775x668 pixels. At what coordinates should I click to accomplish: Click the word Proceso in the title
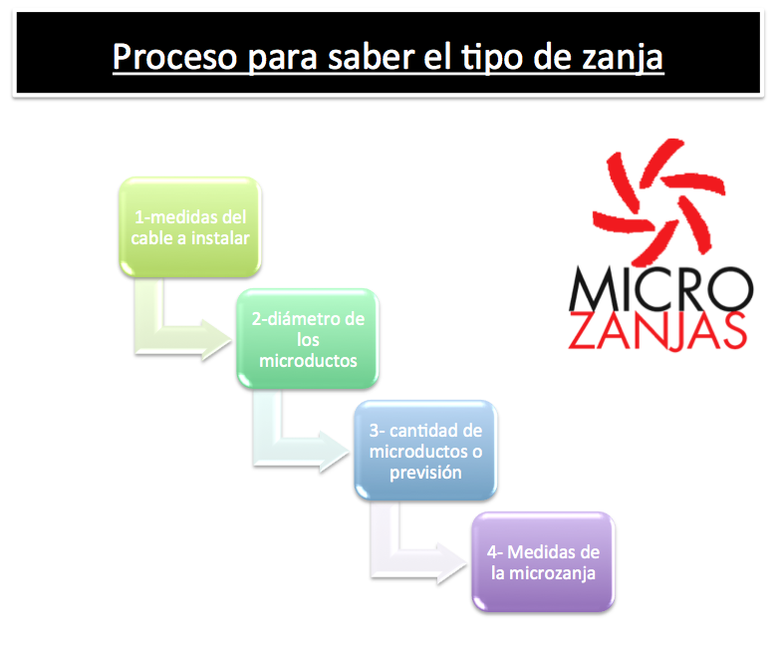tap(175, 58)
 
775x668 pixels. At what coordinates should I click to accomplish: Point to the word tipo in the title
tap(492, 59)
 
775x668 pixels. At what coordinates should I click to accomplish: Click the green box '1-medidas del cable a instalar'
tap(190, 226)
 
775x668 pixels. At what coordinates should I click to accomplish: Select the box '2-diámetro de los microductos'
tap(308, 338)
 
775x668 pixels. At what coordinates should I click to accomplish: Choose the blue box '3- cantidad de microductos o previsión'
tap(425, 451)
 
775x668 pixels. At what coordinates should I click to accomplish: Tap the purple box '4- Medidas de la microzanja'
tap(543, 562)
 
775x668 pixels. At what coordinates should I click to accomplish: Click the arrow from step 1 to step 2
tap(149, 339)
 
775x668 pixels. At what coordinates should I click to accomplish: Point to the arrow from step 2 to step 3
tap(267, 452)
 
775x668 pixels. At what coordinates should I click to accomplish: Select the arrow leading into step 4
tap(386, 563)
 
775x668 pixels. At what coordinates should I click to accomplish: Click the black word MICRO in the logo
tap(660, 289)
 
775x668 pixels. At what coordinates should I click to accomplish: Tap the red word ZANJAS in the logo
tap(657, 331)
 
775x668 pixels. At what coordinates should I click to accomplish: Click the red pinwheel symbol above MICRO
tap(658, 201)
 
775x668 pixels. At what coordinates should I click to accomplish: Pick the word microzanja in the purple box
tap(552, 573)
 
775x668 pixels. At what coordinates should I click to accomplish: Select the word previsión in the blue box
tap(425, 473)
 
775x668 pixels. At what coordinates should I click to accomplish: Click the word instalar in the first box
tap(220, 238)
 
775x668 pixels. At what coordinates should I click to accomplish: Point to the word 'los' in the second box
tap(308, 340)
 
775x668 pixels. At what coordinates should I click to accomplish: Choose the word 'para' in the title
tap(282, 60)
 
